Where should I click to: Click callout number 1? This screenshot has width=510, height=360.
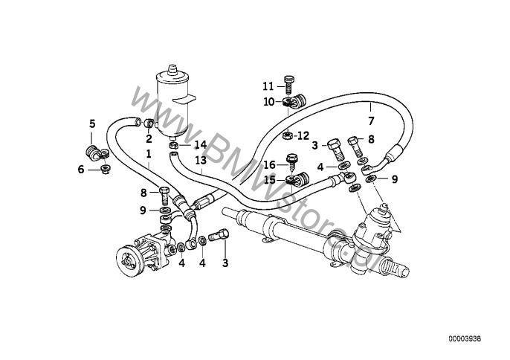149,154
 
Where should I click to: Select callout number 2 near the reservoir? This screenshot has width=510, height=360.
149,138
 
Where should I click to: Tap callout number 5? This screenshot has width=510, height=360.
92,123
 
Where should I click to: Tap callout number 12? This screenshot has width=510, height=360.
303,135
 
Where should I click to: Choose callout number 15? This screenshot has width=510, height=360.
270,179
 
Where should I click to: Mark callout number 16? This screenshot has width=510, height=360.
270,164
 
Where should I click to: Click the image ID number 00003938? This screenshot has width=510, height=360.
469,339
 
